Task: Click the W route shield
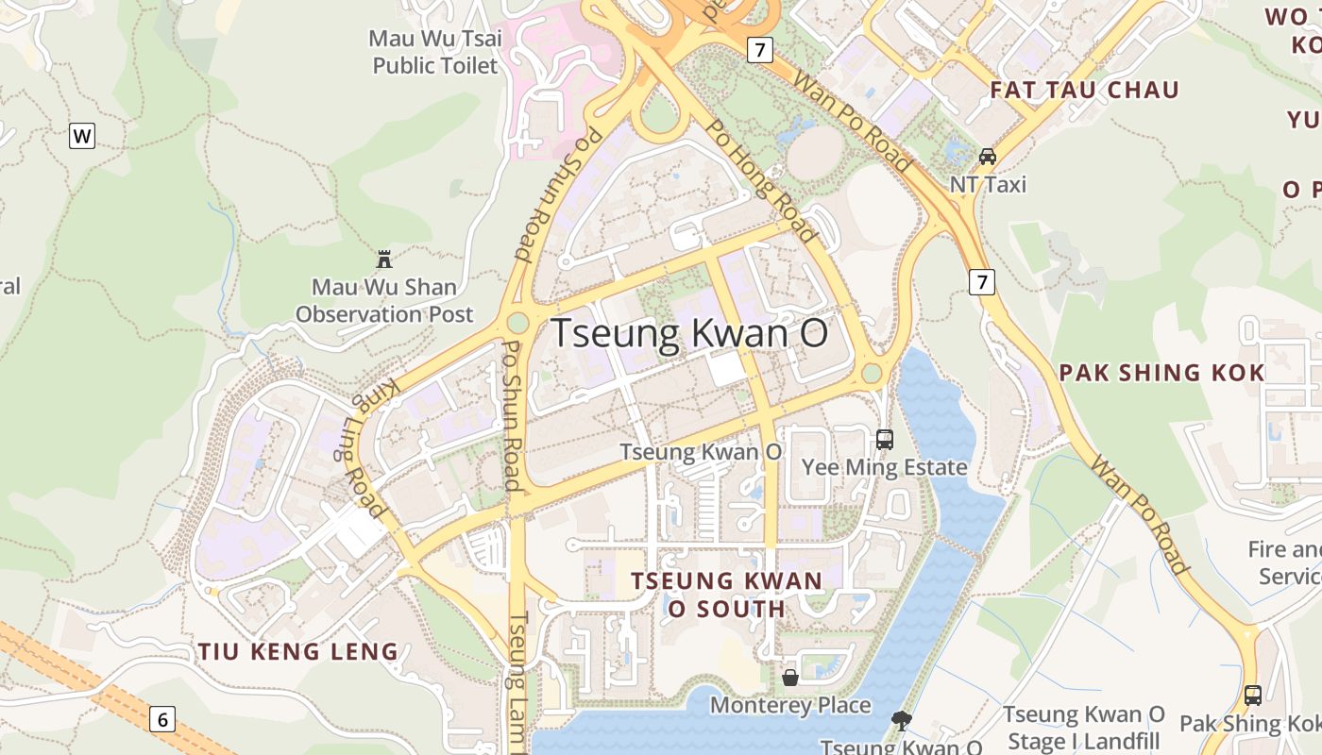pyautogui.click(x=82, y=136)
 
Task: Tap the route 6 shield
pyautogui.click(x=162, y=720)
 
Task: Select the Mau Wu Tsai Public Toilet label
pyautogui.click(x=435, y=52)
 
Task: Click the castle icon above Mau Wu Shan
pyautogui.click(x=384, y=259)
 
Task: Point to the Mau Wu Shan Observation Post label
pyautogui.click(x=384, y=300)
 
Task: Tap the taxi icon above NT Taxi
pyautogui.click(x=988, y=156)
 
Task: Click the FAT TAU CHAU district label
pyautogui.click(x=1085, y=90)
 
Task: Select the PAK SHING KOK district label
pyautogui.click(x=1161, y=373)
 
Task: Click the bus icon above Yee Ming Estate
pyautogui.click(x=885, y=439)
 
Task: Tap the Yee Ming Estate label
pyautogui.click(x=885, y=467)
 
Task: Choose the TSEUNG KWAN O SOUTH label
pyautogui.click(x=727, y=595)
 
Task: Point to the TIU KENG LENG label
pyautogui.click(x=298, y=651)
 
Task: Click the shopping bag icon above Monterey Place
pyautogui.click(x=790, y=677)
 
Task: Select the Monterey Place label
pyautogui.click(x=790, y=705)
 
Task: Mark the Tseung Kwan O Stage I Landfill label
pyautogui.click(x=1084, y=727)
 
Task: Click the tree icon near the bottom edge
pyautogui.click(x=902, y=722)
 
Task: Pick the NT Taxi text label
pyautogui.click(x=988, y=184)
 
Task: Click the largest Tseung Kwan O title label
pyautogui.click(x=689, y=334)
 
